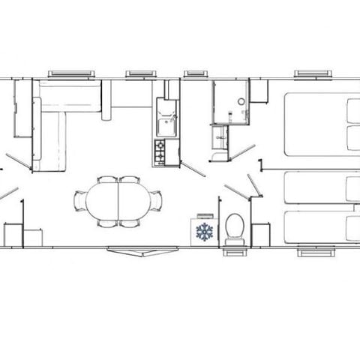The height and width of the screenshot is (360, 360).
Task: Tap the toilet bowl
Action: tap(234, 226)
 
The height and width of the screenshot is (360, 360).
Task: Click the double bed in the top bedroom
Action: tap(321, 124)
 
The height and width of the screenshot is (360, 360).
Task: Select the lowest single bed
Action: tap(321, 227)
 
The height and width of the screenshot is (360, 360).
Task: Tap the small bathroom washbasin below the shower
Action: tap(220, 137)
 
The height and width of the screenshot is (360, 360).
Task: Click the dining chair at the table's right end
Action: tap(157, 202)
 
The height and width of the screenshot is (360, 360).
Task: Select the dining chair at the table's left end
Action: tap(79, 202)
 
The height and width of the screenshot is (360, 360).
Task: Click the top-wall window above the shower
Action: tap(196, 73)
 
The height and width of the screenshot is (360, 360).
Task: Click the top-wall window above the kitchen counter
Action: tap(140, 73)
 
